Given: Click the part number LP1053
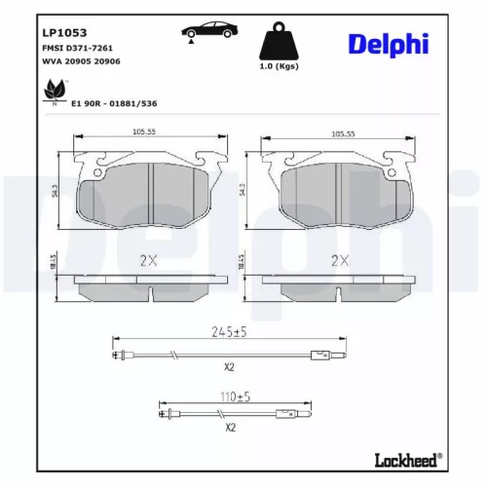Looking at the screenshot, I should (x=61, y=32).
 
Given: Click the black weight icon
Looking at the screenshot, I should (x=280, y=43).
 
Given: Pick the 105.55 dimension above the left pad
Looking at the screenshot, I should (x=145, y=135).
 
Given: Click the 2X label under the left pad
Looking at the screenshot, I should (x=147, y=260).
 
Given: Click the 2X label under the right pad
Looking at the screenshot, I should (x=339, y=260).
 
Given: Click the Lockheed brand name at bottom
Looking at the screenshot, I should (x=407, y=458).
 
